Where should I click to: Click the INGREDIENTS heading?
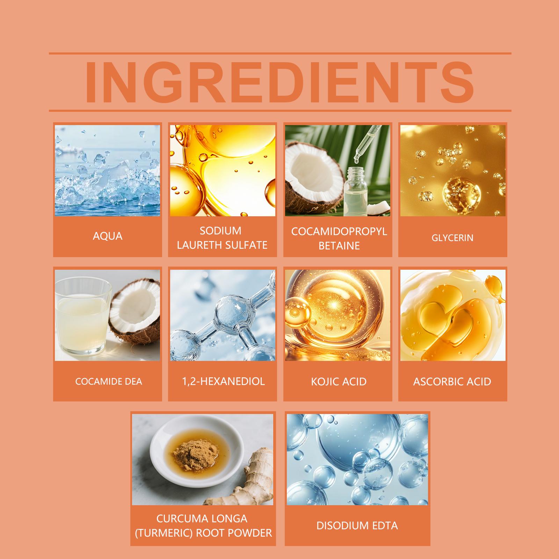pos(279,82)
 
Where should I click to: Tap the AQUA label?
pos(108,236)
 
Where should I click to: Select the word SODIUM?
pos(220,231)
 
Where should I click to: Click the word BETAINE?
pos(339,246)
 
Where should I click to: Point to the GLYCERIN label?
pos(452,238)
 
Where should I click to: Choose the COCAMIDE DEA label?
pos(109,381)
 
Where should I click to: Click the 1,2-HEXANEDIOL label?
pos(223,381)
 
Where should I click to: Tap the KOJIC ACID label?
pos(339,381)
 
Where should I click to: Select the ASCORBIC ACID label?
pos(452,381)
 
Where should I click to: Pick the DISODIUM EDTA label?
pos(357,525)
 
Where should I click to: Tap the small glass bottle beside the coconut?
pos(356,191)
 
